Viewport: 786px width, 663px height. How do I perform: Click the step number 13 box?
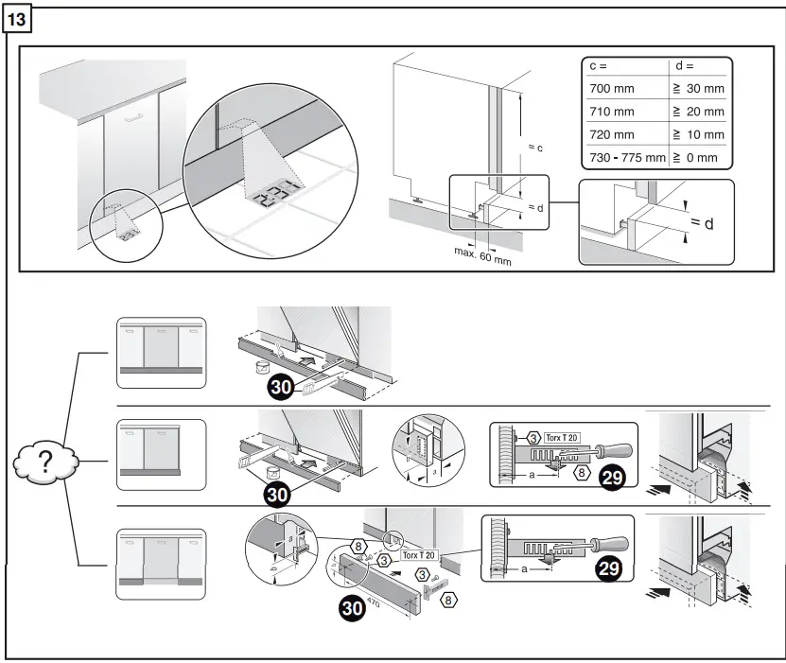19,19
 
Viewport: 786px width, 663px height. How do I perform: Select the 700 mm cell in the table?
612,88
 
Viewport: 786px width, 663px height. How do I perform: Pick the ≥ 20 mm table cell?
699,112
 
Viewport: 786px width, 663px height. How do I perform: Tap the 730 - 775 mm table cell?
626,157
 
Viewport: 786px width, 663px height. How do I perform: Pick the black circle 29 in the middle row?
612,478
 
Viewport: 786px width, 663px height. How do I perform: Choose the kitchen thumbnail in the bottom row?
160,566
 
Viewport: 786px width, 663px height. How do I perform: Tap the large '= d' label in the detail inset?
702,222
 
